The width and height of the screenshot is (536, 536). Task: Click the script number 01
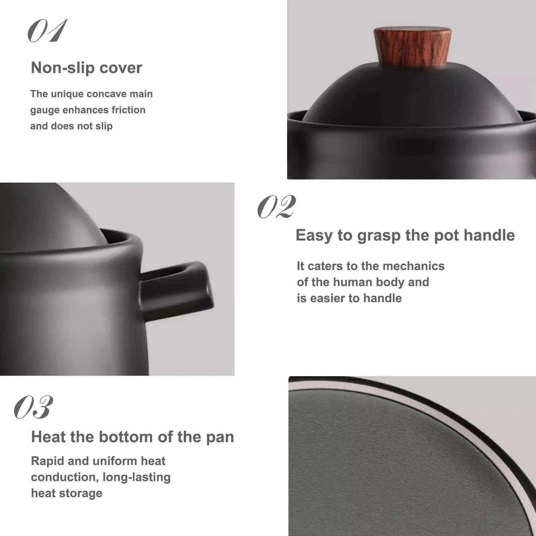(x=48, y=31)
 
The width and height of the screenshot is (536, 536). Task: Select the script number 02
(x=277, y=207)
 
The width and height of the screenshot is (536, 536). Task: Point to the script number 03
(x=34, y=407)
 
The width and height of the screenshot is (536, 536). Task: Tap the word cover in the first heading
(x=121, y=68)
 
